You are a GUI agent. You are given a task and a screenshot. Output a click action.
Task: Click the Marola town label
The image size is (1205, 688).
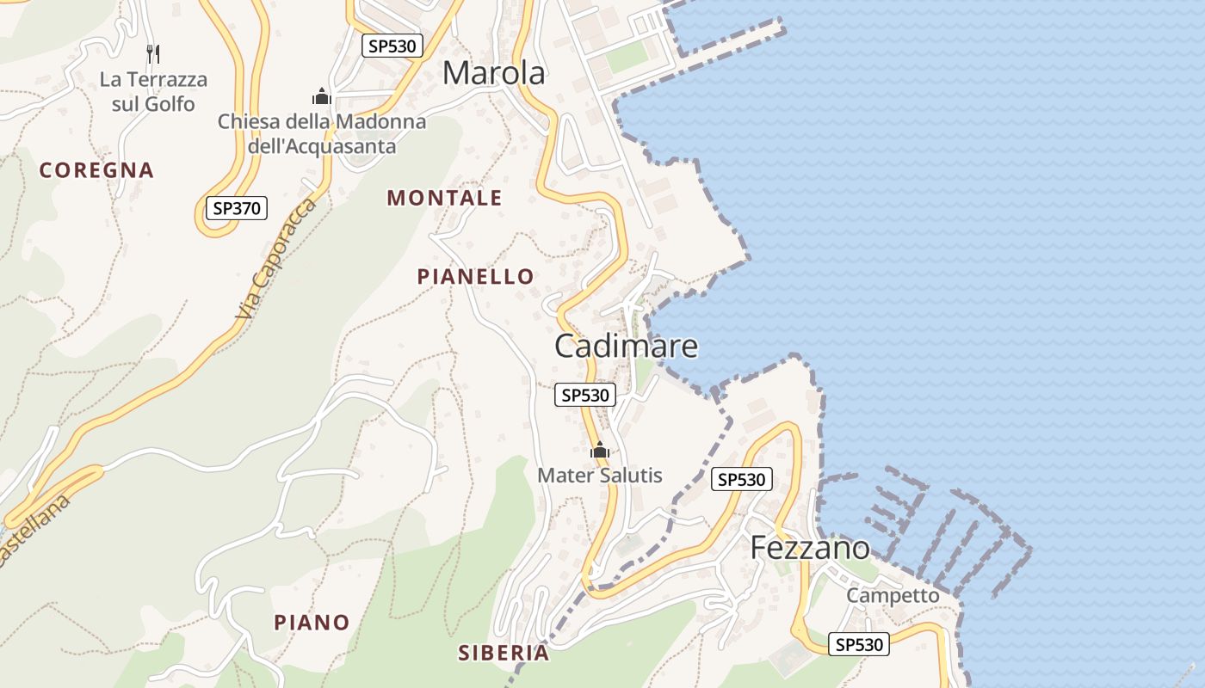pyautogui.click(x=493, y=74)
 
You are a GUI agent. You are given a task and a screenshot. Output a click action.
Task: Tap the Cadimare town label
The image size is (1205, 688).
pyautogui.click(x=626, y=346)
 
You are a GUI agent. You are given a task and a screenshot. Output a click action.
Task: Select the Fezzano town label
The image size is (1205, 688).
pyautogui.click(x=810, y=548)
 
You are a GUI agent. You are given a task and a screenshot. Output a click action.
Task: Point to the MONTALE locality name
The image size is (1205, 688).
pyautogui.click(x=444, y=198)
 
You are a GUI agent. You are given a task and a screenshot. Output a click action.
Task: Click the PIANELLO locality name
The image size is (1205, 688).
pyautogui.click(x=475, y=276)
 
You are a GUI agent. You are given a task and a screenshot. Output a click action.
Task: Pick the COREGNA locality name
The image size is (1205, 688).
pyautogui.click(x=96, y=170)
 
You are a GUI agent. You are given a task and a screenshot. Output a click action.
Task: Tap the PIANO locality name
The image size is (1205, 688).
pyautogui.click(x=312, y=622)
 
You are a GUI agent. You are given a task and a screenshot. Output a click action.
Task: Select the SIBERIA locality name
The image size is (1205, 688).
pyautogui.click(x=504, y=653)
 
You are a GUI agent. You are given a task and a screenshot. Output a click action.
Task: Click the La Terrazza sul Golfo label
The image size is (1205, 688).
pyautogui.click(x=153, y=92)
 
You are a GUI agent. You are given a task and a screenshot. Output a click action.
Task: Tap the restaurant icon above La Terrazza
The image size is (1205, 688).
pyautogui.click(x=153, y=54)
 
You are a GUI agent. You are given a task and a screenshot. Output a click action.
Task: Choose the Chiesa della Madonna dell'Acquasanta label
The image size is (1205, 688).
pyautogui.click(x=322, y=133)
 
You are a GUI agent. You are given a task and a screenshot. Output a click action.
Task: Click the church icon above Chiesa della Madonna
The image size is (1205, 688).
pyautogui.click(x=322, y=95)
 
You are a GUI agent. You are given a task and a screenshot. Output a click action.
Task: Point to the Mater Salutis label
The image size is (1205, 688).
pyautogui.click(x=600, y=475)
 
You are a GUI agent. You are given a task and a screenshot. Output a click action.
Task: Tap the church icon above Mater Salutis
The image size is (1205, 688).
pyautogui.click(x=600, y=450)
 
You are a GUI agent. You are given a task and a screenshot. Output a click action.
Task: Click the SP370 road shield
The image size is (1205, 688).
pyautogui.click(x=237, y=207)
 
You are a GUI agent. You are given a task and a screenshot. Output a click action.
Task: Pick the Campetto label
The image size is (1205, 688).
pyautogui.click(x=893, y=595)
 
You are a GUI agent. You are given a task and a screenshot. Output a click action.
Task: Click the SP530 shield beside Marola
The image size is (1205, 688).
pyautogui.click(x=392, y=46)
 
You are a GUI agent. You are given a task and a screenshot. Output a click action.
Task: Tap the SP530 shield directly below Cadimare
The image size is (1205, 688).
pyautogui.click(x=585, y=395)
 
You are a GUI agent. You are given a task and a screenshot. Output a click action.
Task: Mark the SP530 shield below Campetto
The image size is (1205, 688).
pyautogui.click(x=858, y=644)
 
